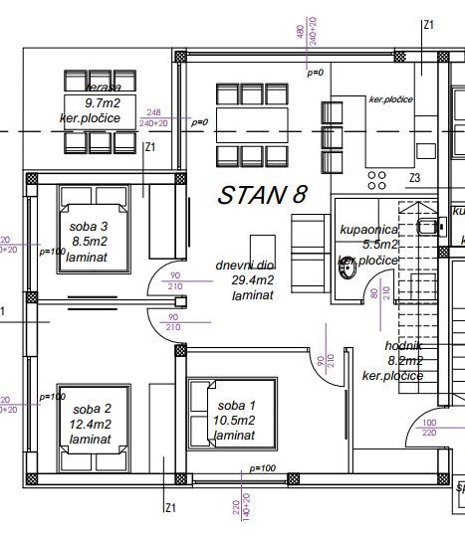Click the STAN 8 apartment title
pos(262,195)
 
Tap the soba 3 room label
pos(85,228)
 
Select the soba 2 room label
pos(83,410)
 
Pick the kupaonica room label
pos(368,230)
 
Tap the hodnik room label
pos(404,346)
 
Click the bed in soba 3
pos(93,230)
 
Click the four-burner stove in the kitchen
pos(378,180)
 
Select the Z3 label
pos(415,178)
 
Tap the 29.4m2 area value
pos(252,280)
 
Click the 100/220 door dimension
pos(429,428)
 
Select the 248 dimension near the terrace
pos(153,112)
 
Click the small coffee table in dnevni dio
pos(261,248)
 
